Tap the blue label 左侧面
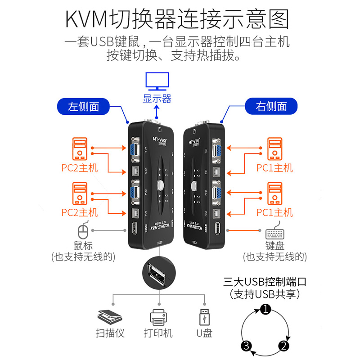click(x=84, y=107)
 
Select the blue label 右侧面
click(x=271, y=107)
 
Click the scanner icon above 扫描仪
click(x=110, y=316)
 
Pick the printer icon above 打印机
click(x=158, y=317)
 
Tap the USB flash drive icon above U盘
click(x=205, y=316)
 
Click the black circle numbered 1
click(x=266, y=309)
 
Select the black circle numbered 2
click(x=283, y=346)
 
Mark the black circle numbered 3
click(x=246, y=346)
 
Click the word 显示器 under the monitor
click(x=157, y=99)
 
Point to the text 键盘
click(x=275, y=246)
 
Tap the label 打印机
click(x=158, y=333)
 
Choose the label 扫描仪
click(x=110, y=333)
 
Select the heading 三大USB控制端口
click(x=265, y=283)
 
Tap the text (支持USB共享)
click(x=265, y=295)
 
